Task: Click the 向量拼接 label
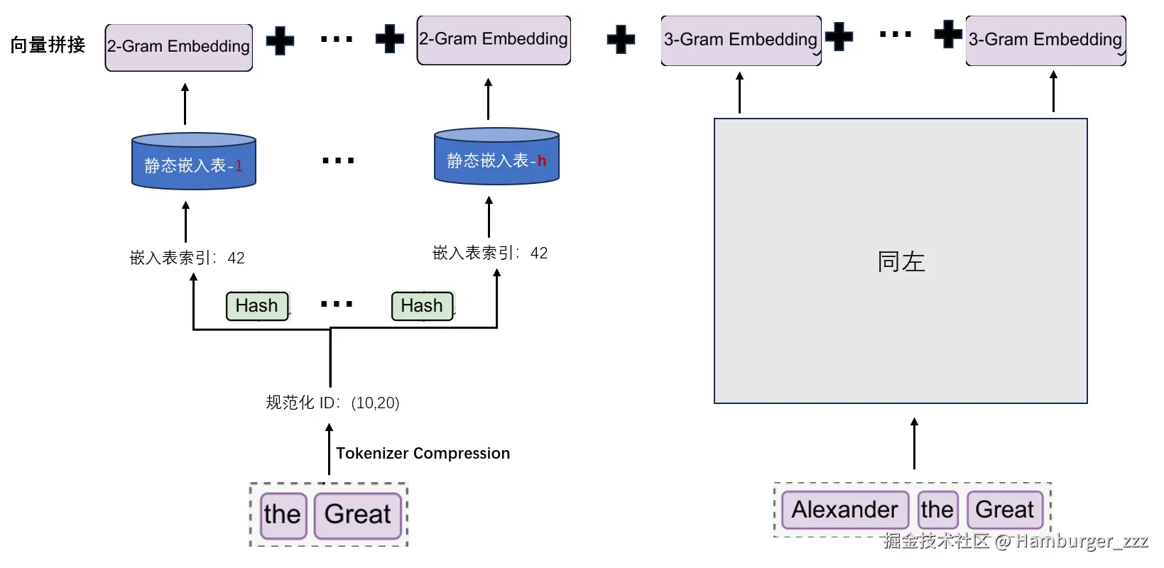coord(48,45)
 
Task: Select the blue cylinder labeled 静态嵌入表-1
coord(193,162)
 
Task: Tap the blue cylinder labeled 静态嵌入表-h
coord(496,158)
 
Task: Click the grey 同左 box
coord(901,261)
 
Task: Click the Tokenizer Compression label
coord(423,453)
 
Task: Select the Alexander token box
coord(844,510)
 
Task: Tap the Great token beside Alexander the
coord(1004,510)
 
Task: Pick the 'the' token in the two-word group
coord(283,515)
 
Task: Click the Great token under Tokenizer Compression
coord(358,515)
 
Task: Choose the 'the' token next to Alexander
coord(937,510)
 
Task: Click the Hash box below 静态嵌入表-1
coord(257,306)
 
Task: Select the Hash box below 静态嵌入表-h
coord(422,306)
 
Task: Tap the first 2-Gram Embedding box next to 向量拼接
coord(179,47)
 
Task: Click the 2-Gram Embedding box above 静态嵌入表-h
coord(494,40)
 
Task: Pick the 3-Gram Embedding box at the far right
coord(1045,40)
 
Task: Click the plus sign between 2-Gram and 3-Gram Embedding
coord(621,40)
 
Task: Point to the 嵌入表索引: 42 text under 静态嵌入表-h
coord(490,253)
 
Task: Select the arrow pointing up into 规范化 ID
coord(329,449)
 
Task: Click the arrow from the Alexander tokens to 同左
coord(914,443)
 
